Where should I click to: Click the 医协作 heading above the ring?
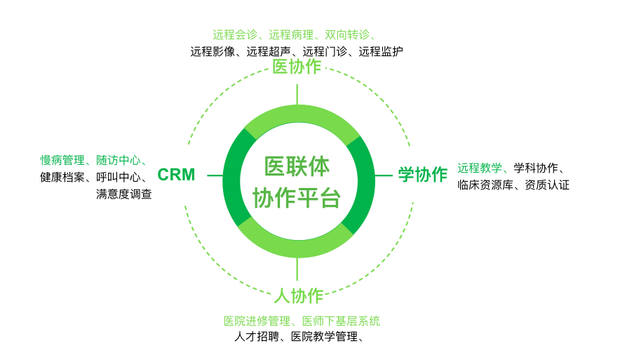click(x=297, y=67)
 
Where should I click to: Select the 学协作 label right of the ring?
click(x=423, y=175)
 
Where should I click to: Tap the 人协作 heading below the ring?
click(x=299, y=296)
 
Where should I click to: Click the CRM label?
click(x=176, y=175)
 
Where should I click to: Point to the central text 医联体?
click(x=297, y=166)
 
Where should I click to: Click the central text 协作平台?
click(x=297, y=198)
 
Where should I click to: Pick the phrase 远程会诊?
click(x=235, y=35)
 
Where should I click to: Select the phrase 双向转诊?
click(x=347, y=35)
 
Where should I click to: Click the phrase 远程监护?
click(x=381, y=52)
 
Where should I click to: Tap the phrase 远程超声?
click(x=269, y=52)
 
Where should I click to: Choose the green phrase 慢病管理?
click(x=62, y=161)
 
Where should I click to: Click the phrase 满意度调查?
click(x=123, y=194)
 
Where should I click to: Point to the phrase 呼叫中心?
click(x=118, y=178)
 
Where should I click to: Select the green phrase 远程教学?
click(x=480, y=168)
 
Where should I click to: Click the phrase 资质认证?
click(x=547, y=185)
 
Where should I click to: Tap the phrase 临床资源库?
click(x=485, y=185)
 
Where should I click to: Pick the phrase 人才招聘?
click(x=257, y=337)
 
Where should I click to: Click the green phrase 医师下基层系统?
click(x=341, y=321)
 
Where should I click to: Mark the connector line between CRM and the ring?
click(x=215, y=175)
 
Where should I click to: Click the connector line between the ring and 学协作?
click(x=383, y=175)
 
